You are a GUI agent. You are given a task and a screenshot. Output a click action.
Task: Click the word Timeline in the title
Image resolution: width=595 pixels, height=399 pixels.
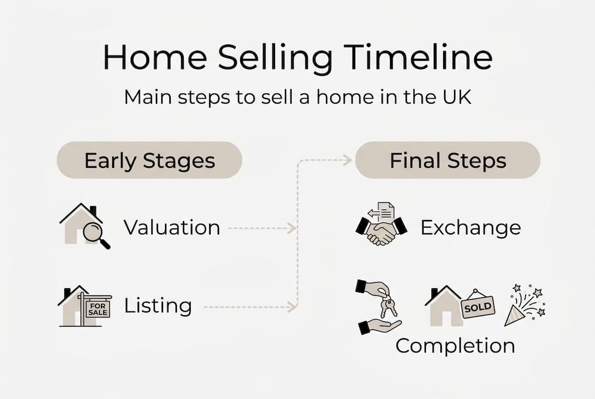[418, 58]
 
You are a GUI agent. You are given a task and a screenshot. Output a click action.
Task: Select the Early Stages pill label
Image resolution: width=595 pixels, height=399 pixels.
[149, 161]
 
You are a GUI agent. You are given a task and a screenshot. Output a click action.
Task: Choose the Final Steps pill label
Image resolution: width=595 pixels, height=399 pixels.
[447, 161]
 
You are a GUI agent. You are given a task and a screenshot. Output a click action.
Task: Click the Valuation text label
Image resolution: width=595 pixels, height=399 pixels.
[171, 227]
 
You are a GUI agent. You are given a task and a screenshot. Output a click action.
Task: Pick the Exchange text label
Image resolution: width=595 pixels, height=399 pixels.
[470, 227]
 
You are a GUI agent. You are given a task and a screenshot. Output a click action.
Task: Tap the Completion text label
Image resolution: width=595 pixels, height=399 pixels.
[455, 346]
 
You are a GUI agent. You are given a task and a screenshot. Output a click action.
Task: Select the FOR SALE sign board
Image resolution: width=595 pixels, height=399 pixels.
[98, 308]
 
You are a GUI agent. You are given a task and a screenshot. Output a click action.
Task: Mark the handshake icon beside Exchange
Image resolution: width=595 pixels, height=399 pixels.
[381, 232]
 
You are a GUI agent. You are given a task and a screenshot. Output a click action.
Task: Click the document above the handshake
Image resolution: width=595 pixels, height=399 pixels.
[386, 212]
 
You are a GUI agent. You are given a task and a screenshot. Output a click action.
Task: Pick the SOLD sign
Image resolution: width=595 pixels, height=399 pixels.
[477, 306]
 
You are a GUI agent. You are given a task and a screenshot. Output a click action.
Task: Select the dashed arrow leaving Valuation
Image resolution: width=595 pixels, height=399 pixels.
[261, 228]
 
